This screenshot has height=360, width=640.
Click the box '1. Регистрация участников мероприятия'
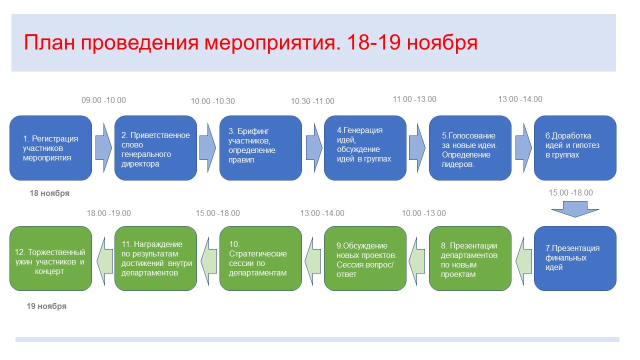coord(51,148)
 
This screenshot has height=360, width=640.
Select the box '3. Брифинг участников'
coord(260,148)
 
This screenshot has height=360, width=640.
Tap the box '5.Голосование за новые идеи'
coord(470,148)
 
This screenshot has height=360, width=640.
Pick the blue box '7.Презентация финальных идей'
coord(575,258)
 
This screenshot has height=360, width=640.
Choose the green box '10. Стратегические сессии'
coord(260,258)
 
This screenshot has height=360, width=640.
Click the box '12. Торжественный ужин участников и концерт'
coord(51,258)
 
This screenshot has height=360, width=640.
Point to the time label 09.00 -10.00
coord(103,100)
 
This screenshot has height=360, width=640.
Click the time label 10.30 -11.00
coord(312,101)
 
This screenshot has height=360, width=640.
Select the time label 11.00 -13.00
coord(414,99)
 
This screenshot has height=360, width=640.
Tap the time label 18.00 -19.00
coord(109,213)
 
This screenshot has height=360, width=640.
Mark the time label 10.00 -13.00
coord(423,213)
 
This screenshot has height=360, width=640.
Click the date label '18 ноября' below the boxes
coord(49,193)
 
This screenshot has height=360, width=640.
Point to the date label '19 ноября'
coord(46,306)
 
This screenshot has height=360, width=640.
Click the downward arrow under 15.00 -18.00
coord(575,209)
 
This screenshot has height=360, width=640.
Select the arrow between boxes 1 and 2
coord(103,148)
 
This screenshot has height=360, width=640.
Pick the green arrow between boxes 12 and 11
coord(104,261)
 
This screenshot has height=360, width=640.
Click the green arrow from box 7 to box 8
coord(523,261)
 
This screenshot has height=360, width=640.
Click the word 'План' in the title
coord(49,42)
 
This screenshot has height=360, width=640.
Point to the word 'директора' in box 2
coord(140,164)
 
